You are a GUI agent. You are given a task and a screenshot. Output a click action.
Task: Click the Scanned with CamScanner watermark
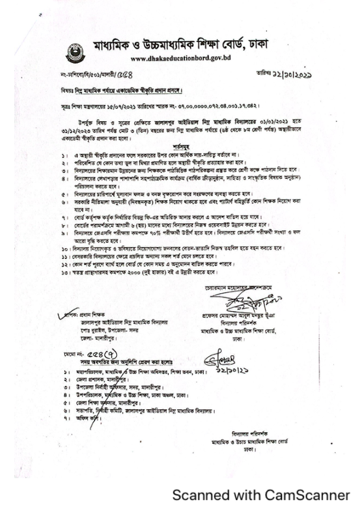261,494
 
